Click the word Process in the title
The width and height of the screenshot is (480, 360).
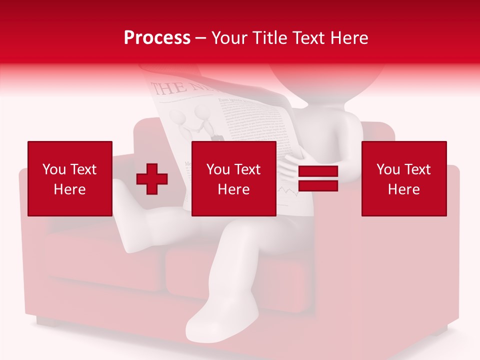point(157,38)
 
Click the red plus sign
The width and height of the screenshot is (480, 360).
point(151,179)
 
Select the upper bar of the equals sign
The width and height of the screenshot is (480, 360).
point(318,172)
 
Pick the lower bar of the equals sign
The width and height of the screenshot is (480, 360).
point(318,185)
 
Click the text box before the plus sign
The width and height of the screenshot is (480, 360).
point(69,178)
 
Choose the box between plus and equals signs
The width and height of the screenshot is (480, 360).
point(233,178)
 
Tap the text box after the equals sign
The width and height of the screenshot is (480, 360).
point(403,178)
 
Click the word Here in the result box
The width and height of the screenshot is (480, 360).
point(403,189)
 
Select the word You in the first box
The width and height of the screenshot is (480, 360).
point(54,169)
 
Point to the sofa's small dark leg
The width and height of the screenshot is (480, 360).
point(47,320)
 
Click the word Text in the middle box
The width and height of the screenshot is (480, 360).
point(248,169)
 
